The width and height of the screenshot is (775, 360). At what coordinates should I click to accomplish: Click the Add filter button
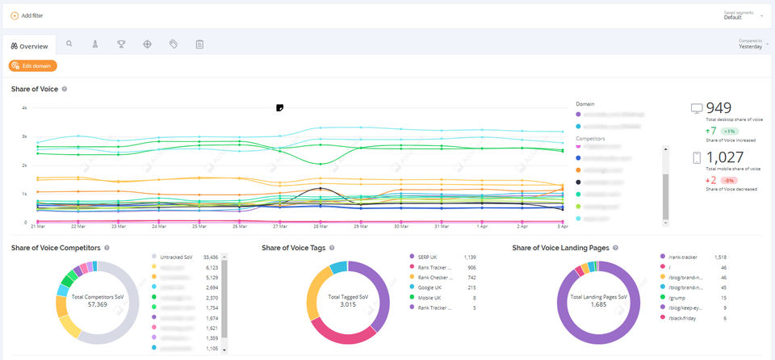click(x=30, y=16)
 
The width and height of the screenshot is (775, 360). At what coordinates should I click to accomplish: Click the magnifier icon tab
click(x=69, y=44)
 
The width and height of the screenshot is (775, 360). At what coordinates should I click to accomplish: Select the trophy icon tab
click(x=121, y=44)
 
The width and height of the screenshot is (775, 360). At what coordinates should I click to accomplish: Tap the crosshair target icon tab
click(x=147, y=44)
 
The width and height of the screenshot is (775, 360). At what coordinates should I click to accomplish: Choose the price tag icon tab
click(x=173, y=44)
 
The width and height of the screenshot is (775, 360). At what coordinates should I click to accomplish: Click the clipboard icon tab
click(x=199, y=44)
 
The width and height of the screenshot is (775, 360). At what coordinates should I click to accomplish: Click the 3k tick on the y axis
click(x=24, y=136)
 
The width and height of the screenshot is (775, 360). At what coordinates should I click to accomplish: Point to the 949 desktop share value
click(x=719, y=108)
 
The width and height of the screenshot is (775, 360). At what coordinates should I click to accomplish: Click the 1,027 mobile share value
click(x=724, y=157)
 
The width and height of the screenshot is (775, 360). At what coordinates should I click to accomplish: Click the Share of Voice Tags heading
click(x=294, y=248)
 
